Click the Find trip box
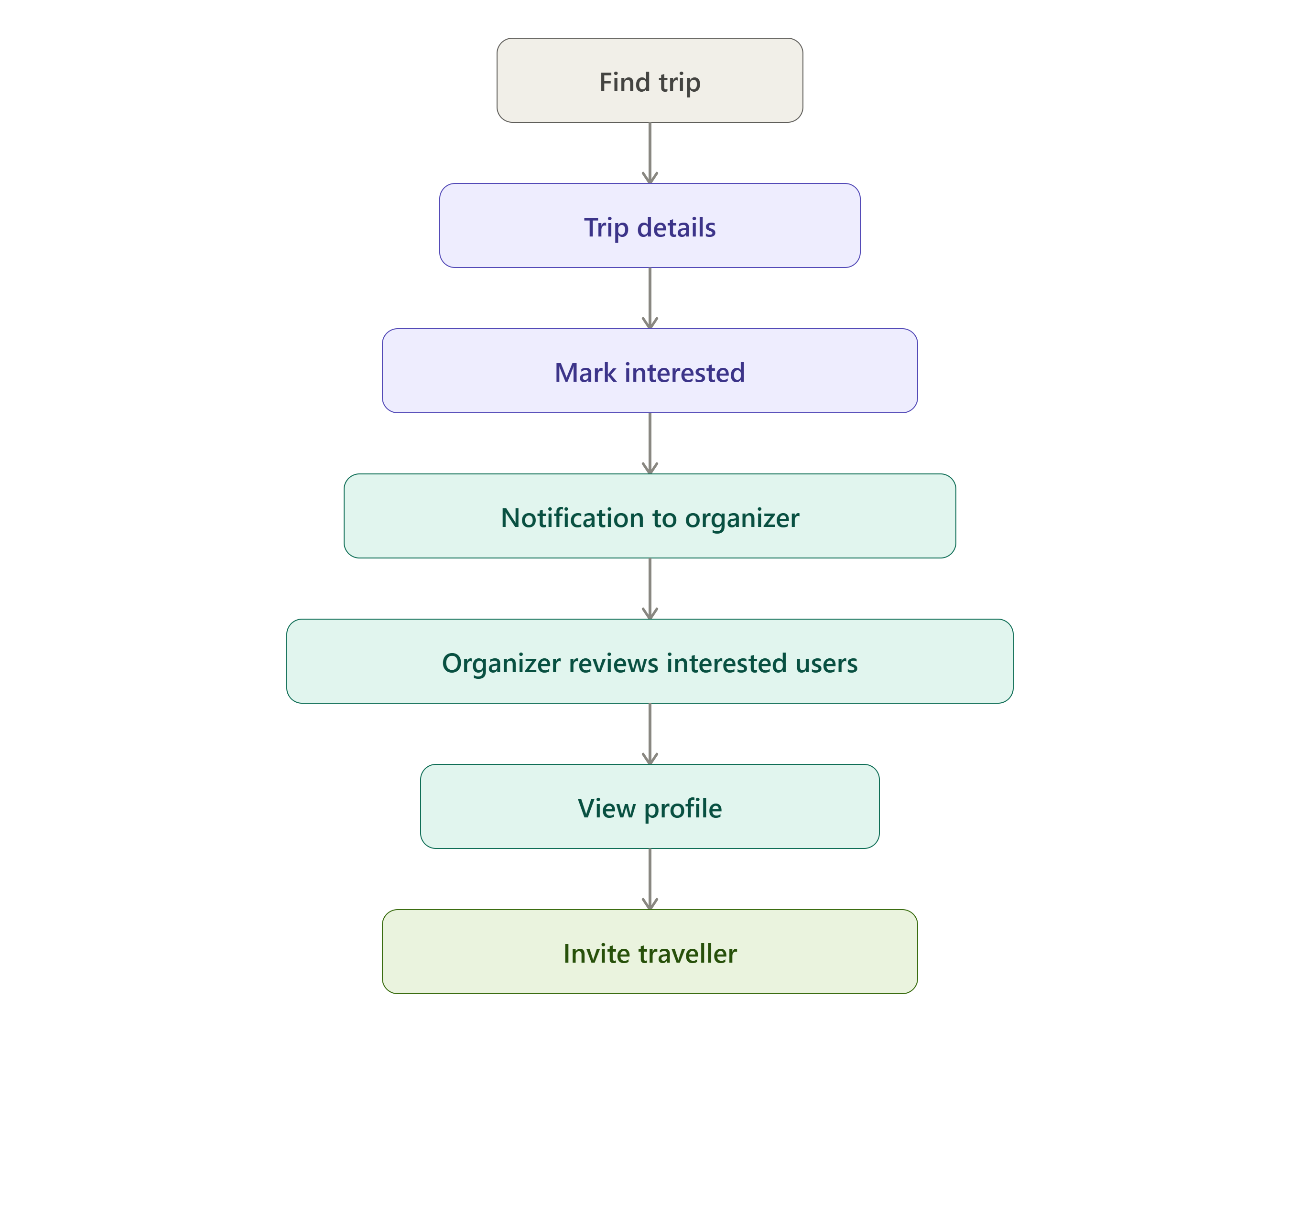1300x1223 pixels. tap(650, 80)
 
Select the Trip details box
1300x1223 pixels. tap(650, 225)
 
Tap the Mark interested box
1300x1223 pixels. tap(650, 371)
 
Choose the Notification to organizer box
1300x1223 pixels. tap(650, 516)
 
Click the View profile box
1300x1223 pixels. tap(650, 806)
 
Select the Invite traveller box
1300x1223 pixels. tap(650, 952)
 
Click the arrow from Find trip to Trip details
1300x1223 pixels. tap(650, 153)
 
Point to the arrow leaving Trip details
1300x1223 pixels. tap(650, 298)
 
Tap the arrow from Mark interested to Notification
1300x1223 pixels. tap(650, 443)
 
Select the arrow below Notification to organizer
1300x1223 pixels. tap(650, 588)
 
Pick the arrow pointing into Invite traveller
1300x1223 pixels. tap(650, 879)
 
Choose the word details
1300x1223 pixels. tap(676, 227)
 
